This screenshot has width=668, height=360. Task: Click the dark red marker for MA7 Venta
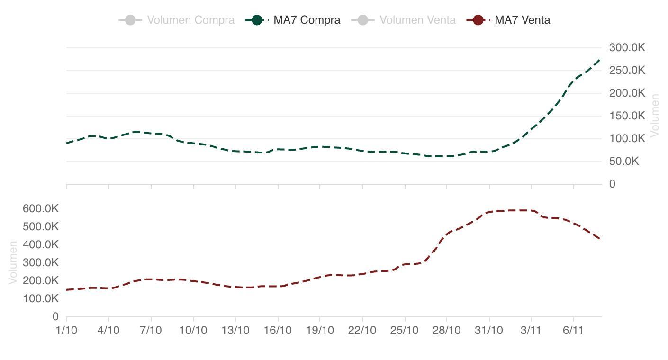(478, 20)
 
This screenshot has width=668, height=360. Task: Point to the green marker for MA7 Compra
(257, 20)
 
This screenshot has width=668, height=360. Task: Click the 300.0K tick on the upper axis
(627, 48)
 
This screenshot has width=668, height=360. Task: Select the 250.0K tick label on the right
(627, 71)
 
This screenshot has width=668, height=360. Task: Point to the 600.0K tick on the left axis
(41, 208)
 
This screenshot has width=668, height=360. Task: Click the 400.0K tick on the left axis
(41, 244)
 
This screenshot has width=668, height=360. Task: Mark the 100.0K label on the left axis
(41, 298)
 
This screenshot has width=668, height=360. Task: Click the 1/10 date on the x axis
(66, 330)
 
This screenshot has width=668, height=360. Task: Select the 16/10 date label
(278, 330)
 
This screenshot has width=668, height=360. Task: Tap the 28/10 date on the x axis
(447, 330)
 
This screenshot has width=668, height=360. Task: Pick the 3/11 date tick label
(531, 330)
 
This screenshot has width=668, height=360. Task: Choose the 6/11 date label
(573, 330)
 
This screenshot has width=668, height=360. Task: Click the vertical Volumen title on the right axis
(655, 116)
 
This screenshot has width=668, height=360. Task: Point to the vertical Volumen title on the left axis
(13, 262)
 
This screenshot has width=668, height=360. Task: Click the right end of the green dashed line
(600, 60)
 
